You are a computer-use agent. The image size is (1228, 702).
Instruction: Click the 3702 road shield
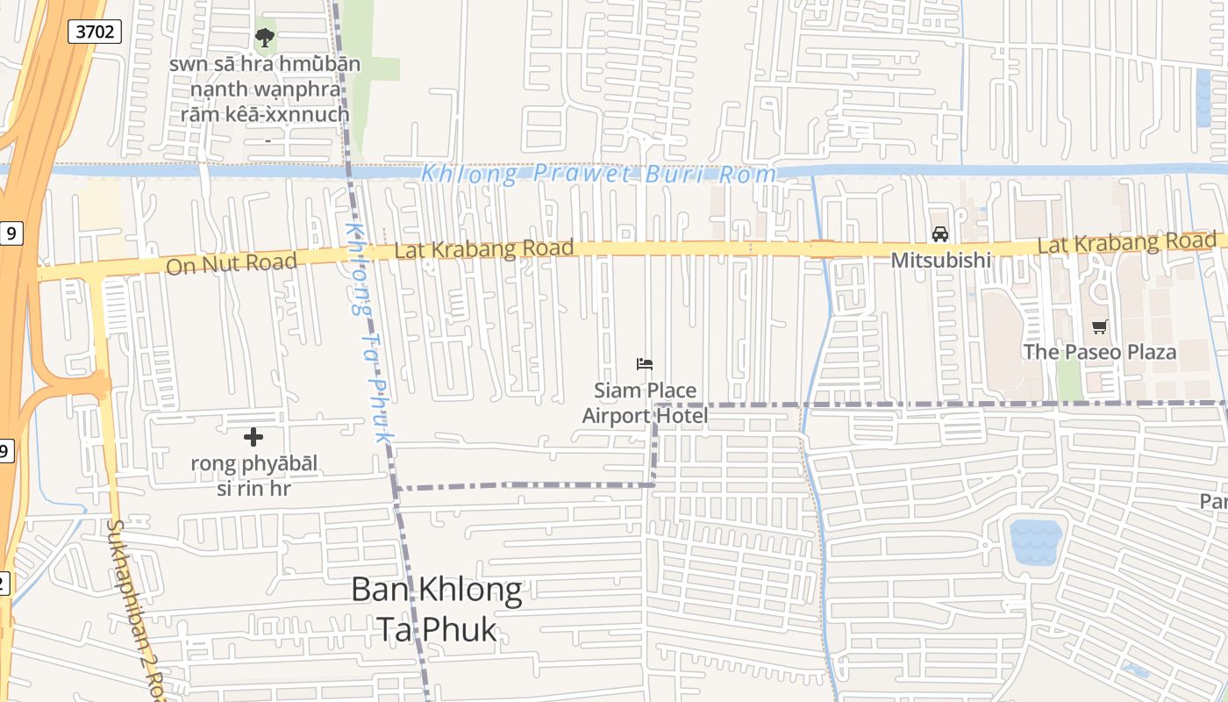tap(94, 32)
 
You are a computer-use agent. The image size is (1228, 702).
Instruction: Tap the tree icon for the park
tap(264, 38)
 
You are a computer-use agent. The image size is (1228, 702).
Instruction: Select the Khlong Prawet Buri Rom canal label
tap(598, 174)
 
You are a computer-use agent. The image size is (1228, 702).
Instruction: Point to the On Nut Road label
tap(231, 262)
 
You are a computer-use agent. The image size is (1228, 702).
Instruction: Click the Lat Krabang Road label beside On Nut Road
tap(484, 250)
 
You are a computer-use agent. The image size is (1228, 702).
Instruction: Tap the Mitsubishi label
tap(940, 261)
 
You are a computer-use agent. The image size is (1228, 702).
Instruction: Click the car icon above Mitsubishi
tap(940, 234)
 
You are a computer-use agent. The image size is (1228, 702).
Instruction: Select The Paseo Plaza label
tap(1099, 352)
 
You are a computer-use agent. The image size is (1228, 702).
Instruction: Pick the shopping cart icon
tap(1099, 327)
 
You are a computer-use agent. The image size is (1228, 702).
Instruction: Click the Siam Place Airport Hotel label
tap(645, 403)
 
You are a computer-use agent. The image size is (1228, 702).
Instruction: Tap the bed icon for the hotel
tap(645, 364)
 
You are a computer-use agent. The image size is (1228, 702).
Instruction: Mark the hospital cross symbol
tap(253, 437)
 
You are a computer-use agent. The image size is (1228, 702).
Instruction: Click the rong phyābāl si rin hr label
tap(253, 476)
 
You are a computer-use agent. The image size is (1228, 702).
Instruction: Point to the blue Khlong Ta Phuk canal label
tap(368, 332)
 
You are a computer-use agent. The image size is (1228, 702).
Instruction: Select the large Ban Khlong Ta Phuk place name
tap(436, 609)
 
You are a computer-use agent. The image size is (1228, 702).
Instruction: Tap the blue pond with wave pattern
tap(1036, 542)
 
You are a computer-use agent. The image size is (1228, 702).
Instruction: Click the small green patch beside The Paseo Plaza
tap(1068, 378)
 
